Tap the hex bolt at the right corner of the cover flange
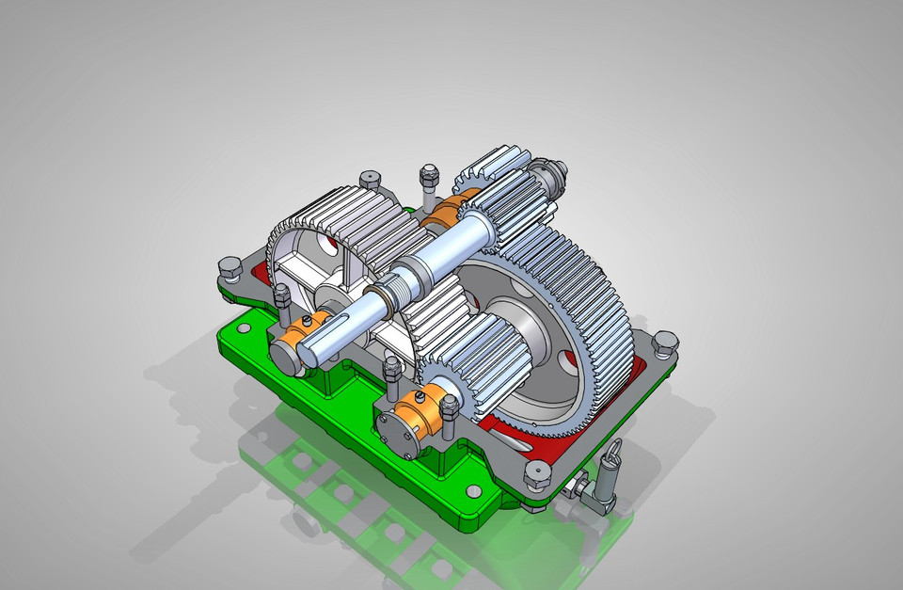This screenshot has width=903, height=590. click(664, 344)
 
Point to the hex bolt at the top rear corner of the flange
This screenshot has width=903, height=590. click(370, 178)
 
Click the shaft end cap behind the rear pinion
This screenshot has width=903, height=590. click(549, 173)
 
